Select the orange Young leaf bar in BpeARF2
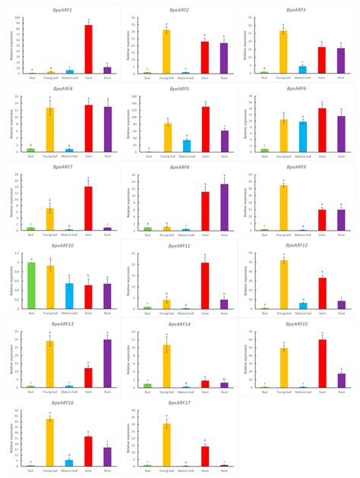pos(166,52)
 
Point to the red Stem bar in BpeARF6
pos(321,130)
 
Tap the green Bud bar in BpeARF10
pos(30,285)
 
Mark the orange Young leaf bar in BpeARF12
pos(283,285)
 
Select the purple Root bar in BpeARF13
pos(107,363)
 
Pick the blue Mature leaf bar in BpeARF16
pos(69,462)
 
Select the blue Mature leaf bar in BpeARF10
pos(69,296)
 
